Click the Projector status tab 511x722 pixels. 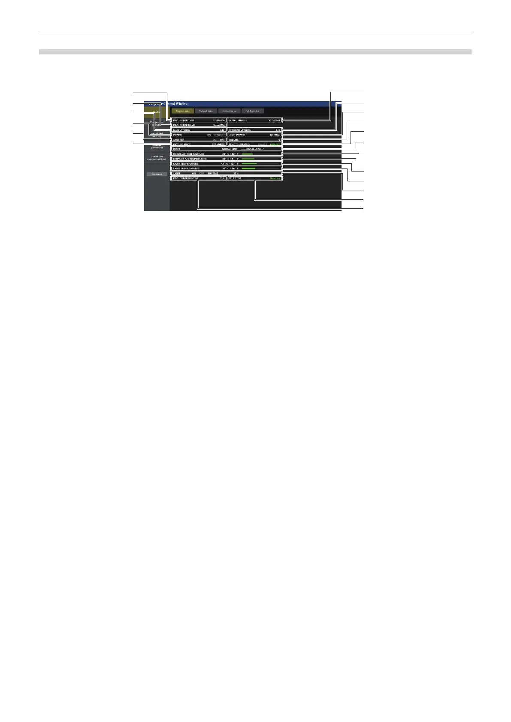[x=182, y=111]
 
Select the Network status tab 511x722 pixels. [x=206, y=111]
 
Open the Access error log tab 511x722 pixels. [x=229, y=111]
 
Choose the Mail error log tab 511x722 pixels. [x=253, y=111]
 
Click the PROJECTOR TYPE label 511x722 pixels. [x=184, y=120]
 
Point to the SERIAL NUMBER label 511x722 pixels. [x=238, y=120]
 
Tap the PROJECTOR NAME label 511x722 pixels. [x=184, y=125]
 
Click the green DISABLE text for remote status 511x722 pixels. [x=274, y=144]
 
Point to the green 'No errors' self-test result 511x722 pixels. [x=275, y=178]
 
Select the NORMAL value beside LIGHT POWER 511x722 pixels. [x=275, y=135]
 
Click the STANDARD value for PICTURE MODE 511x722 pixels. [x=218, y=144]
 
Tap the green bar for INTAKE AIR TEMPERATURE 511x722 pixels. [x=247, y=154]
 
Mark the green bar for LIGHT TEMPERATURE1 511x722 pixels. [x=249, y=164]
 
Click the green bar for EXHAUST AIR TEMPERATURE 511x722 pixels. [x=248, y=159]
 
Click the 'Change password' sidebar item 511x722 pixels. [x=157, y=146]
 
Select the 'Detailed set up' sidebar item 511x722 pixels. [x=157, y=135]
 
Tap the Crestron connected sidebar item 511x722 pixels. [x=157, y=158]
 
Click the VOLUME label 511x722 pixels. [x=233, y=140]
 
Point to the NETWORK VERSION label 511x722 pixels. [x=239, y=130]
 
